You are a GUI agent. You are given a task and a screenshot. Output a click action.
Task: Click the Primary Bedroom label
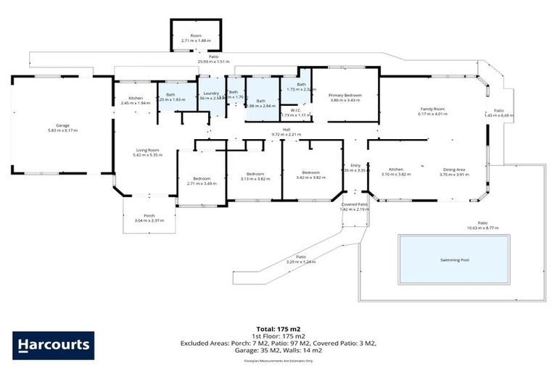click(x=344, y=95)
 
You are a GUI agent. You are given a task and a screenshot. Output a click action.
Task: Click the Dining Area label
click(x=454, y=170)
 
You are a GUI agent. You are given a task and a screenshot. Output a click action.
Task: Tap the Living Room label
click(x=147, y=150)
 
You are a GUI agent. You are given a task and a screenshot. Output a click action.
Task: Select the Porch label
click(x=149, y=215)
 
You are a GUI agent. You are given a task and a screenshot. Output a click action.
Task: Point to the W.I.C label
click(x=295, y=109)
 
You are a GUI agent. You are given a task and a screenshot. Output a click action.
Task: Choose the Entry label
click(x=355, y=165)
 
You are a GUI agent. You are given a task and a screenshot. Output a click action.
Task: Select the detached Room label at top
click(x=196, y=36)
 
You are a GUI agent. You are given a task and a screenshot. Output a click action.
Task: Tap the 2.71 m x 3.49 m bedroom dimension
click(x=202, y=183)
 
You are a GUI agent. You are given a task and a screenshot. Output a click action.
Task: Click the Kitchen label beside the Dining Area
click(x=396, y=170)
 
